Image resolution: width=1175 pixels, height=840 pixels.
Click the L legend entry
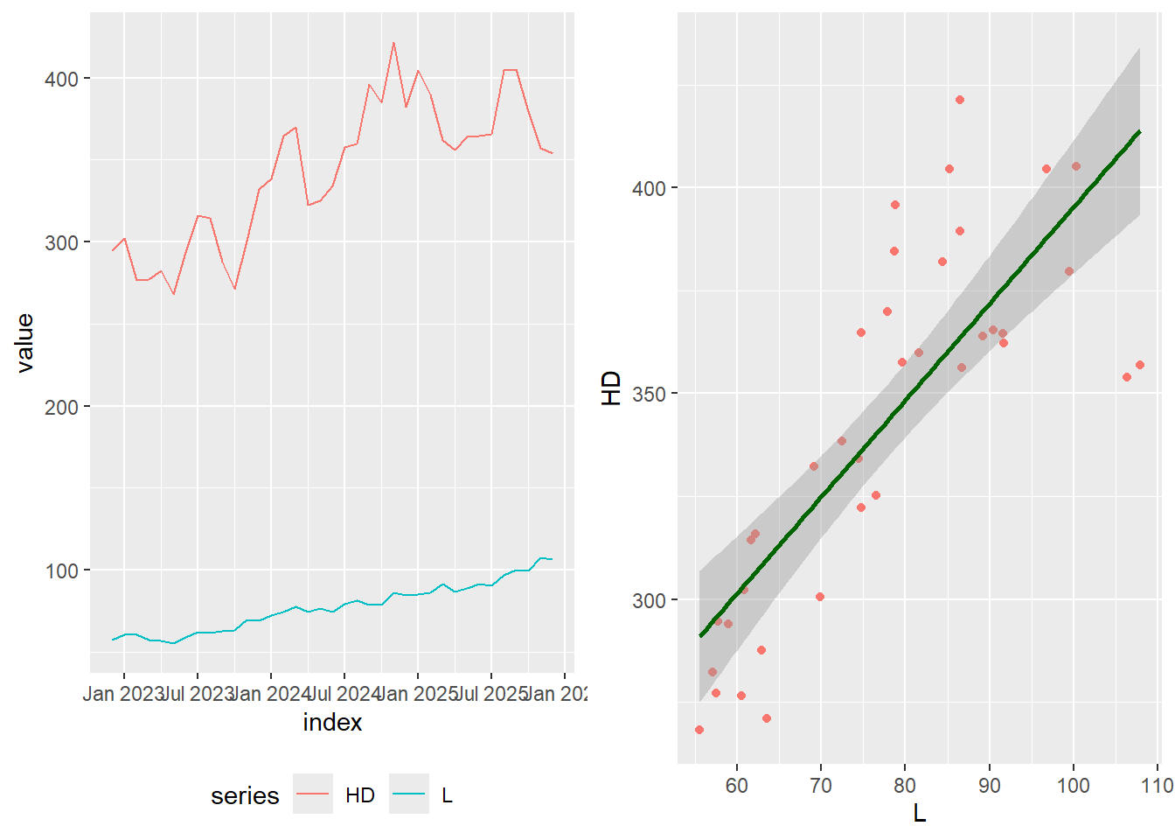[447, 794]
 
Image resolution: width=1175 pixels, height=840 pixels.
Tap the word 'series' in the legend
[245, 795]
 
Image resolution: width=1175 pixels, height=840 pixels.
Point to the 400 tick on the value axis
[62, 79]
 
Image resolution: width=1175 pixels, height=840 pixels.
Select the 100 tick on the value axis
[62, 570]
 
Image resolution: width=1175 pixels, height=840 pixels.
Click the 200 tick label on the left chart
[62, 407]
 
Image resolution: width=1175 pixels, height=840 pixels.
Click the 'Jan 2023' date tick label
[123, 694]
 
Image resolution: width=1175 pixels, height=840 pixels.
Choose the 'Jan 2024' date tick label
[270, 694]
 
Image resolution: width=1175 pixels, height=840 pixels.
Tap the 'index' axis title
[332, 722]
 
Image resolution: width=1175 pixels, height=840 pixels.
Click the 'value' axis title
[24, 343]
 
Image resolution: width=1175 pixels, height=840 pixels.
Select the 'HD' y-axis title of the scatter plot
[611, 388]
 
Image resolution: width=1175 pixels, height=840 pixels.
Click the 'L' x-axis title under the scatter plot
[920, 813]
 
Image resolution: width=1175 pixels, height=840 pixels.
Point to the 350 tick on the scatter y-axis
[649, 394]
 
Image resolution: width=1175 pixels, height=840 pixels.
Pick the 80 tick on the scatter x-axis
[905, 785]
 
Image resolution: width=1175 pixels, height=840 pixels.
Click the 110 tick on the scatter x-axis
[1157, 785]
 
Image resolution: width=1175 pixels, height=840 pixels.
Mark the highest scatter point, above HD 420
[960, 100]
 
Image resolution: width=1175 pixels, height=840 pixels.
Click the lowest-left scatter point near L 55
[699, 730]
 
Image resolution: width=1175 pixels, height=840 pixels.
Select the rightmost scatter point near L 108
[1140, 365]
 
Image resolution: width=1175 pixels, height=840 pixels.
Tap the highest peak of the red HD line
[393, 42]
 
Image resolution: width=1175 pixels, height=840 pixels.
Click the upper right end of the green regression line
[1139, 131]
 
